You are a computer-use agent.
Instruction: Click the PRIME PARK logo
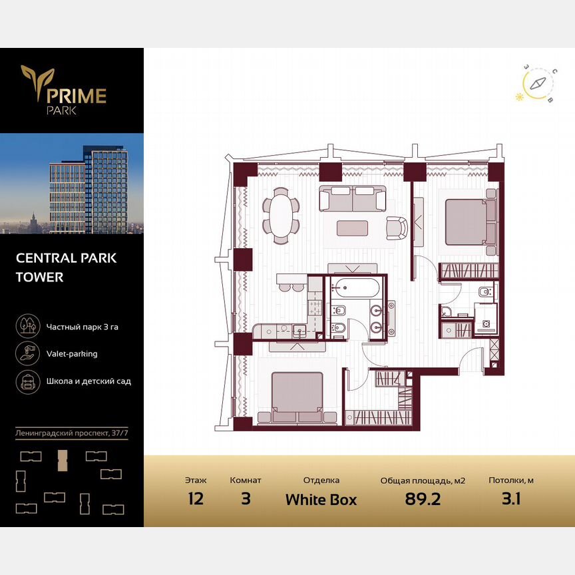[64, 90]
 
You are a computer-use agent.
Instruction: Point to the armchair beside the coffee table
[397, 228]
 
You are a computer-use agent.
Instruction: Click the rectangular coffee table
[353, 228]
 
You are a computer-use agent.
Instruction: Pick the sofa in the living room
[352, 198]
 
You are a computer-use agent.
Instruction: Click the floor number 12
[196, 499]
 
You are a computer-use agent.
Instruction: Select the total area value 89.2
[423, 499]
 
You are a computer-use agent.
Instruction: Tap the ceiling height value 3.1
[511, 499]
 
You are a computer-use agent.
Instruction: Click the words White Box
[321, 499]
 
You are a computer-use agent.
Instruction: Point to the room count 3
[246, 499]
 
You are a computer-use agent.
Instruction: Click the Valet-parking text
[72, 353]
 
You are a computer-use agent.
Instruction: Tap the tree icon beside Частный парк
[27, 326]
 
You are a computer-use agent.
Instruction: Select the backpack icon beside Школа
[27, 381]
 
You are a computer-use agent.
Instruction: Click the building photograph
[72, 183]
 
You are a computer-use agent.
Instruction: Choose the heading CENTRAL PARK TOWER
[66, 267]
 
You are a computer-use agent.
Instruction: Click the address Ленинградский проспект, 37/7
[72, 434]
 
